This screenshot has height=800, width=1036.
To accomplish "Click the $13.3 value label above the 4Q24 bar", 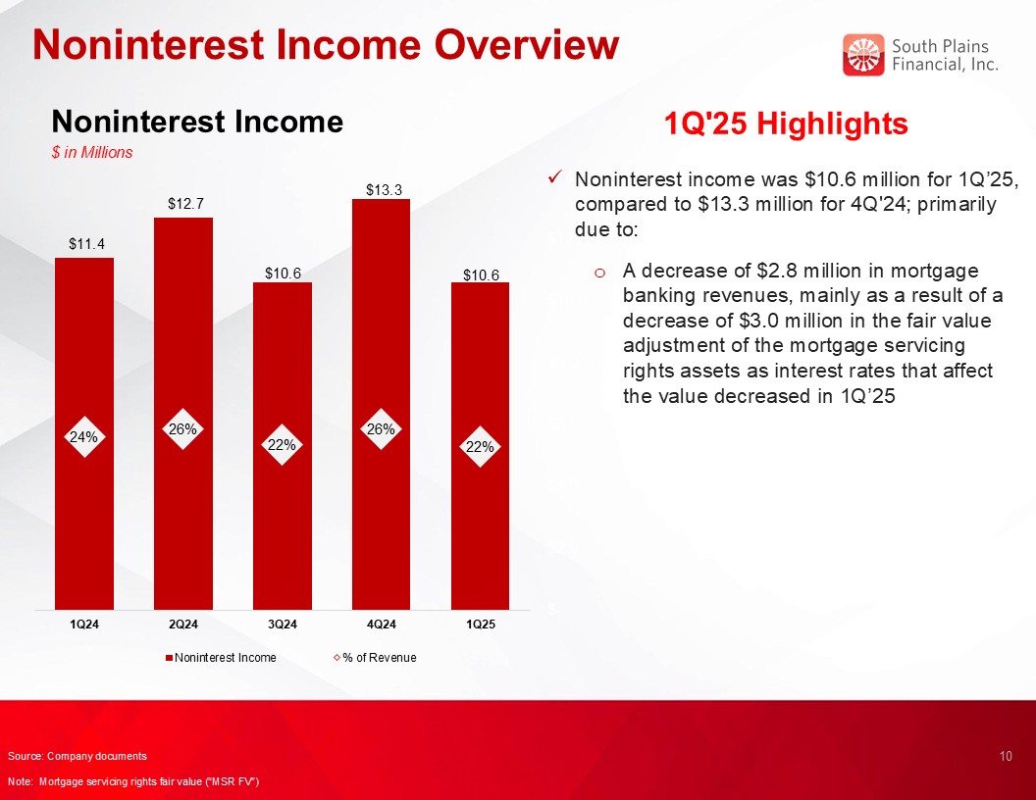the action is (384, 190).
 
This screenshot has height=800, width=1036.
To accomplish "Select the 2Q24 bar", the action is (183, 413).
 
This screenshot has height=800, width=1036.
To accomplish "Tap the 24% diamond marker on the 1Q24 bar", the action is (84, 437).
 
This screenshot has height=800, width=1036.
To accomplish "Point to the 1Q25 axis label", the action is (481, 625).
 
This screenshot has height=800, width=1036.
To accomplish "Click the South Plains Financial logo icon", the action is (863, 55).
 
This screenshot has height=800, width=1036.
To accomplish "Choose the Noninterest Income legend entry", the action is (221, 658).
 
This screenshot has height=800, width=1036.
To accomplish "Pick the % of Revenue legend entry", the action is (376, 658).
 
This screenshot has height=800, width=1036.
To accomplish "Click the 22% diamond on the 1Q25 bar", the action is (481, 447).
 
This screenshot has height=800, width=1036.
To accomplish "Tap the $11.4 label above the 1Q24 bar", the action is (86, 244).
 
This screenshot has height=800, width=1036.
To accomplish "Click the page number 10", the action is (1006, 757).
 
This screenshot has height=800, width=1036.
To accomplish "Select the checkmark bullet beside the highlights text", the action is (555, 177).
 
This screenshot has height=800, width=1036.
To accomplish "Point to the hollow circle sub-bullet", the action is (599, 273).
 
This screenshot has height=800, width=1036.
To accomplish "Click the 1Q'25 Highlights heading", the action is (786, 124).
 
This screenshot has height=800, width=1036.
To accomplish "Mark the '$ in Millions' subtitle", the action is (92, 153).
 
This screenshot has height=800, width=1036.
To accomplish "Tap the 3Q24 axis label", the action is (283, 625).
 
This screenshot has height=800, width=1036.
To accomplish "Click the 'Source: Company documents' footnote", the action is (78, 757).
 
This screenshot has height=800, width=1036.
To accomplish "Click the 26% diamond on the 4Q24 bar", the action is (382, 429).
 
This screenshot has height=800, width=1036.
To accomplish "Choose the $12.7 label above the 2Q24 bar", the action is (185, 203).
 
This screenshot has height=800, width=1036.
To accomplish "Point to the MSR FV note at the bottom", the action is (133, 782).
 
